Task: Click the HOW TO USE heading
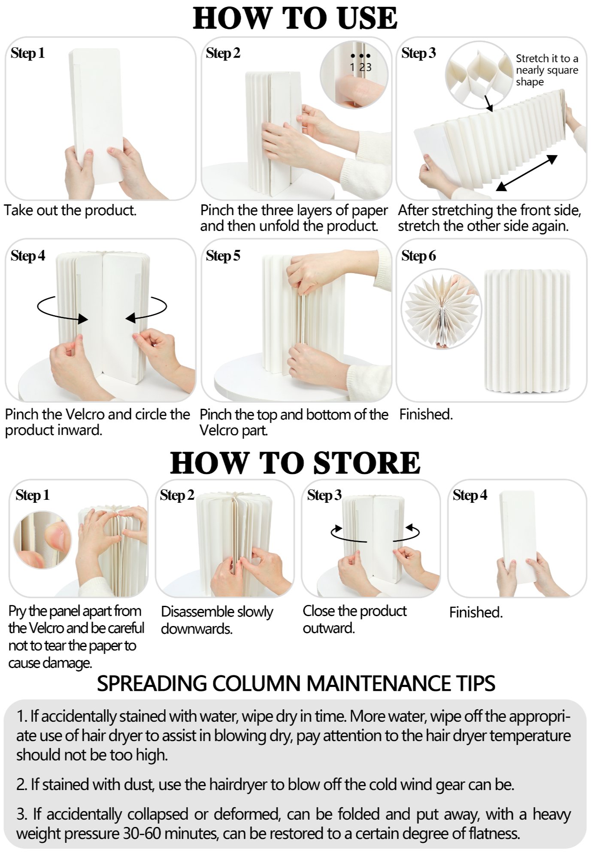295,18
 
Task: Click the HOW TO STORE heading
295,463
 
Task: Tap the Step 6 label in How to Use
418,256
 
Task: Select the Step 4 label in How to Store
470,495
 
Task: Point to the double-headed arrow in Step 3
527,173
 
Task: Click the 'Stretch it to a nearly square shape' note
547,70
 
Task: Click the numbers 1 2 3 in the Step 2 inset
361,67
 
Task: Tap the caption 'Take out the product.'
70,210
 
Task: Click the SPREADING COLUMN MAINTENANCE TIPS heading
296,684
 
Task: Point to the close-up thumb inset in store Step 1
42,540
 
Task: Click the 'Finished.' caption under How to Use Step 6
426,414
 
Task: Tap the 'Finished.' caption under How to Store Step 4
476,612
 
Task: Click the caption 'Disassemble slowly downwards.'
217,620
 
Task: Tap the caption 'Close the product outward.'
355,619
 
